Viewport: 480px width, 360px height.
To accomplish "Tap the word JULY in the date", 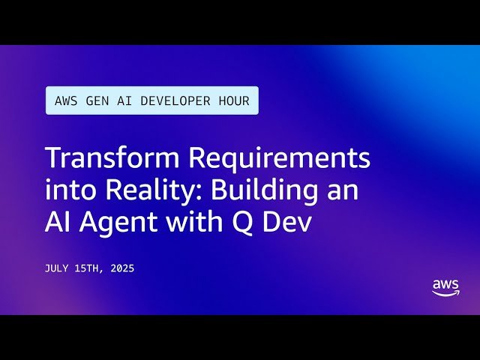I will click(x=58, y=268).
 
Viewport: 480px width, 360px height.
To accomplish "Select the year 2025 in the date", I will click(x=121, y=268).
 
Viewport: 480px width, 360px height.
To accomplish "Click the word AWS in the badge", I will click(x=65, y=100).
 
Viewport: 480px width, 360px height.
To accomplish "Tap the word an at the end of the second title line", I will click(x=343, y=191).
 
